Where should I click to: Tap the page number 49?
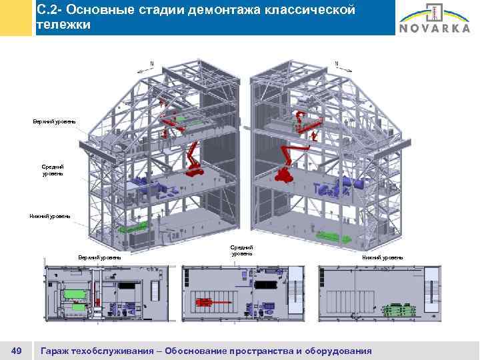click(x=18, y=350)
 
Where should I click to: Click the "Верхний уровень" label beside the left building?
click(x=54, y=121)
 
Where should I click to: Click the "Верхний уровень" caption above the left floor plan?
click(x=99, y=257)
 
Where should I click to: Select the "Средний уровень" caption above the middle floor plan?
click(x=242, y=250)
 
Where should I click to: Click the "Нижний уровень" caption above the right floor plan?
click(x=382, y=257)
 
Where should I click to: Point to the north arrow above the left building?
click(x=148, y=66)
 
